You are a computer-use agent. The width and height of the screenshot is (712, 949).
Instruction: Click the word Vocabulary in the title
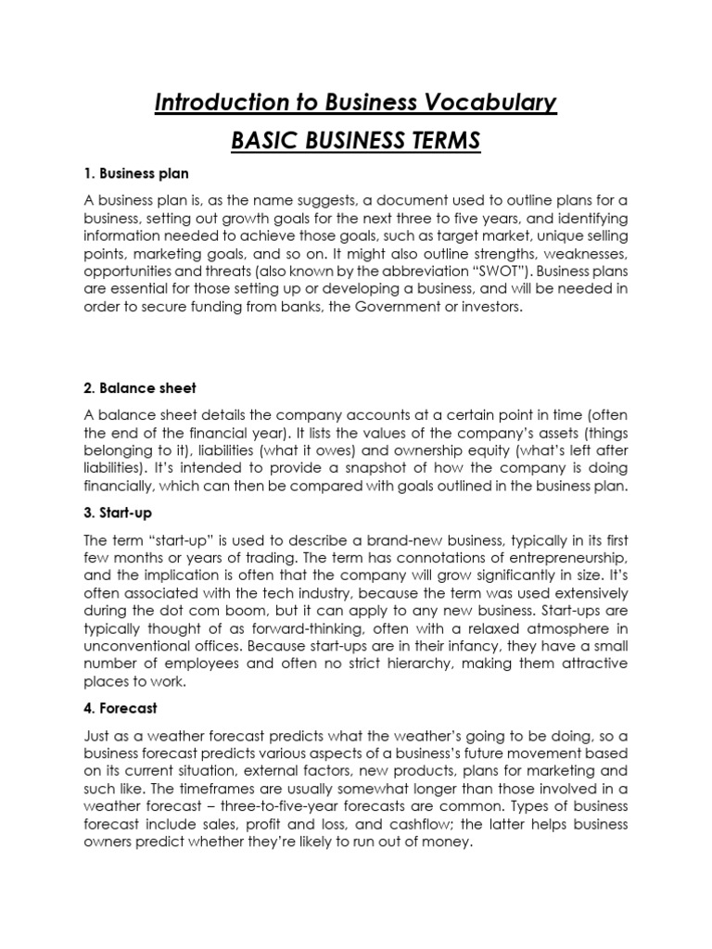pos(497,102)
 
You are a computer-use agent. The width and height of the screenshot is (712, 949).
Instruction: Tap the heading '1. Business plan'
pos(134,173)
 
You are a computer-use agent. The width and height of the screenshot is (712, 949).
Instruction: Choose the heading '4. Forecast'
pos(121,708)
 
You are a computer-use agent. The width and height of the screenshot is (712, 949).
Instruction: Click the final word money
pos(449,842)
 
